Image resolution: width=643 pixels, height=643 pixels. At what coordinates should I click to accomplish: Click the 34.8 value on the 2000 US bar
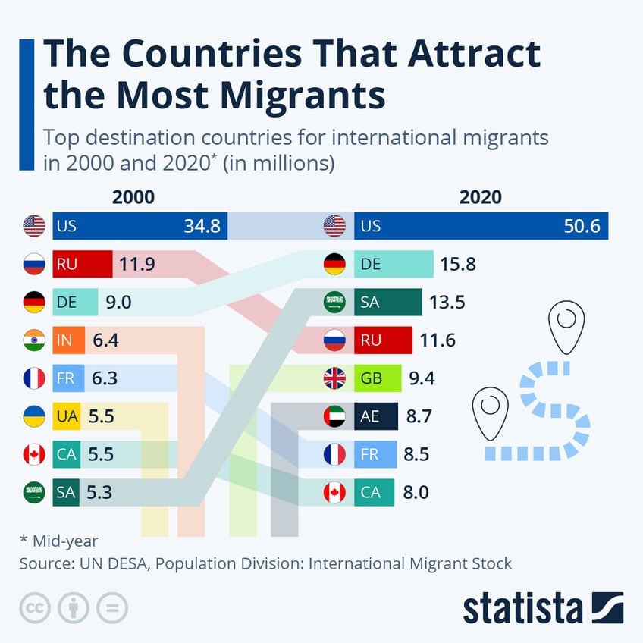tap(202, 226)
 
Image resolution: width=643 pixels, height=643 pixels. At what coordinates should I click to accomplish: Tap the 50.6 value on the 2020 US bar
tap(586, 226)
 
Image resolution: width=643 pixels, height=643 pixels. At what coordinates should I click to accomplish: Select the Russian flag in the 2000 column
tap(34, 264)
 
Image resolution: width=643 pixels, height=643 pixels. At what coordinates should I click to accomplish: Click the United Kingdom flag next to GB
tap(334, 378)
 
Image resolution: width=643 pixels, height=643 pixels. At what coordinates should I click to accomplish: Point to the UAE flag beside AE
tap(334, 416)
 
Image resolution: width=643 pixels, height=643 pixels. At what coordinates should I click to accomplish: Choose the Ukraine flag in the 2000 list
tap(34, 416)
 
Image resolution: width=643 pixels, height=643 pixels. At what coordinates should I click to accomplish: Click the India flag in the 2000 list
tap(34, 340)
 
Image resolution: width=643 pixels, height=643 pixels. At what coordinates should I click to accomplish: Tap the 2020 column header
tap(480, 197)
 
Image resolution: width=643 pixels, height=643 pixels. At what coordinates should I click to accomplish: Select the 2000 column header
tap(133, 197)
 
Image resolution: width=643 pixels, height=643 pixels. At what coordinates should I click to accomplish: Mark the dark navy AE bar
tap(375, 416)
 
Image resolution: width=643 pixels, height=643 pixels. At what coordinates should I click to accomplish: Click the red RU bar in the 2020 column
tap(383, 340)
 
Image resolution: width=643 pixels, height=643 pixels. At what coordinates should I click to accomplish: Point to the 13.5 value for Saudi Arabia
tap(447, 303)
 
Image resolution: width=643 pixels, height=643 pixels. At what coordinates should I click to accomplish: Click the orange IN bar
tap(68, 340)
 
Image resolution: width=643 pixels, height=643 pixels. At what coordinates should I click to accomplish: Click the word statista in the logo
tap(522, 609)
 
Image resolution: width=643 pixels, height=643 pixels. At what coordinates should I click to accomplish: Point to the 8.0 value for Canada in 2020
tap(416, 493)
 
